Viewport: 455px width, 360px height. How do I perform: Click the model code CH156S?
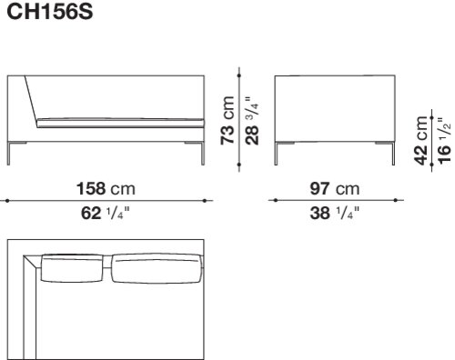[x=50, y=12]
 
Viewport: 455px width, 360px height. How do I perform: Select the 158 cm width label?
[x=106, y=188]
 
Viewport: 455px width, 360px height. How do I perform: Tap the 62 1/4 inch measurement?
[x=106, y=213]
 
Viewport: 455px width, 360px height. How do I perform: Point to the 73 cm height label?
[x=227, y=120]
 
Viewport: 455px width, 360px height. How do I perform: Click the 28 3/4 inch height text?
[x=252, y=121]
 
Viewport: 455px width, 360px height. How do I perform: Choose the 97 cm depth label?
[x=335, y=188]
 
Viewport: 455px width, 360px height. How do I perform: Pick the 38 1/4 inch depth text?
[x=334, y=213]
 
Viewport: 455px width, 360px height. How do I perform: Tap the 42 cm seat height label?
[x=421, y=140]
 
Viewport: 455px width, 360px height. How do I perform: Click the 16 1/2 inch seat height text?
[x=444, y=141]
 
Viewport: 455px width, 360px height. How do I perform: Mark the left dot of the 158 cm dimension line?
[x=7, y=200]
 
